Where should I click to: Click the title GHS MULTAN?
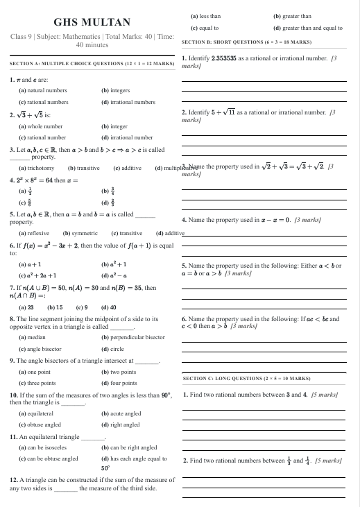click(x=87, y=22)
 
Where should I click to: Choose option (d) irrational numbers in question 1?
click(x=128, y=102)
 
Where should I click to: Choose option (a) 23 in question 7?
click(x=26, y=307)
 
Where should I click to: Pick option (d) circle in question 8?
click(x=112, y=349)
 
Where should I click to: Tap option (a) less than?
click(x=205, y=15)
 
